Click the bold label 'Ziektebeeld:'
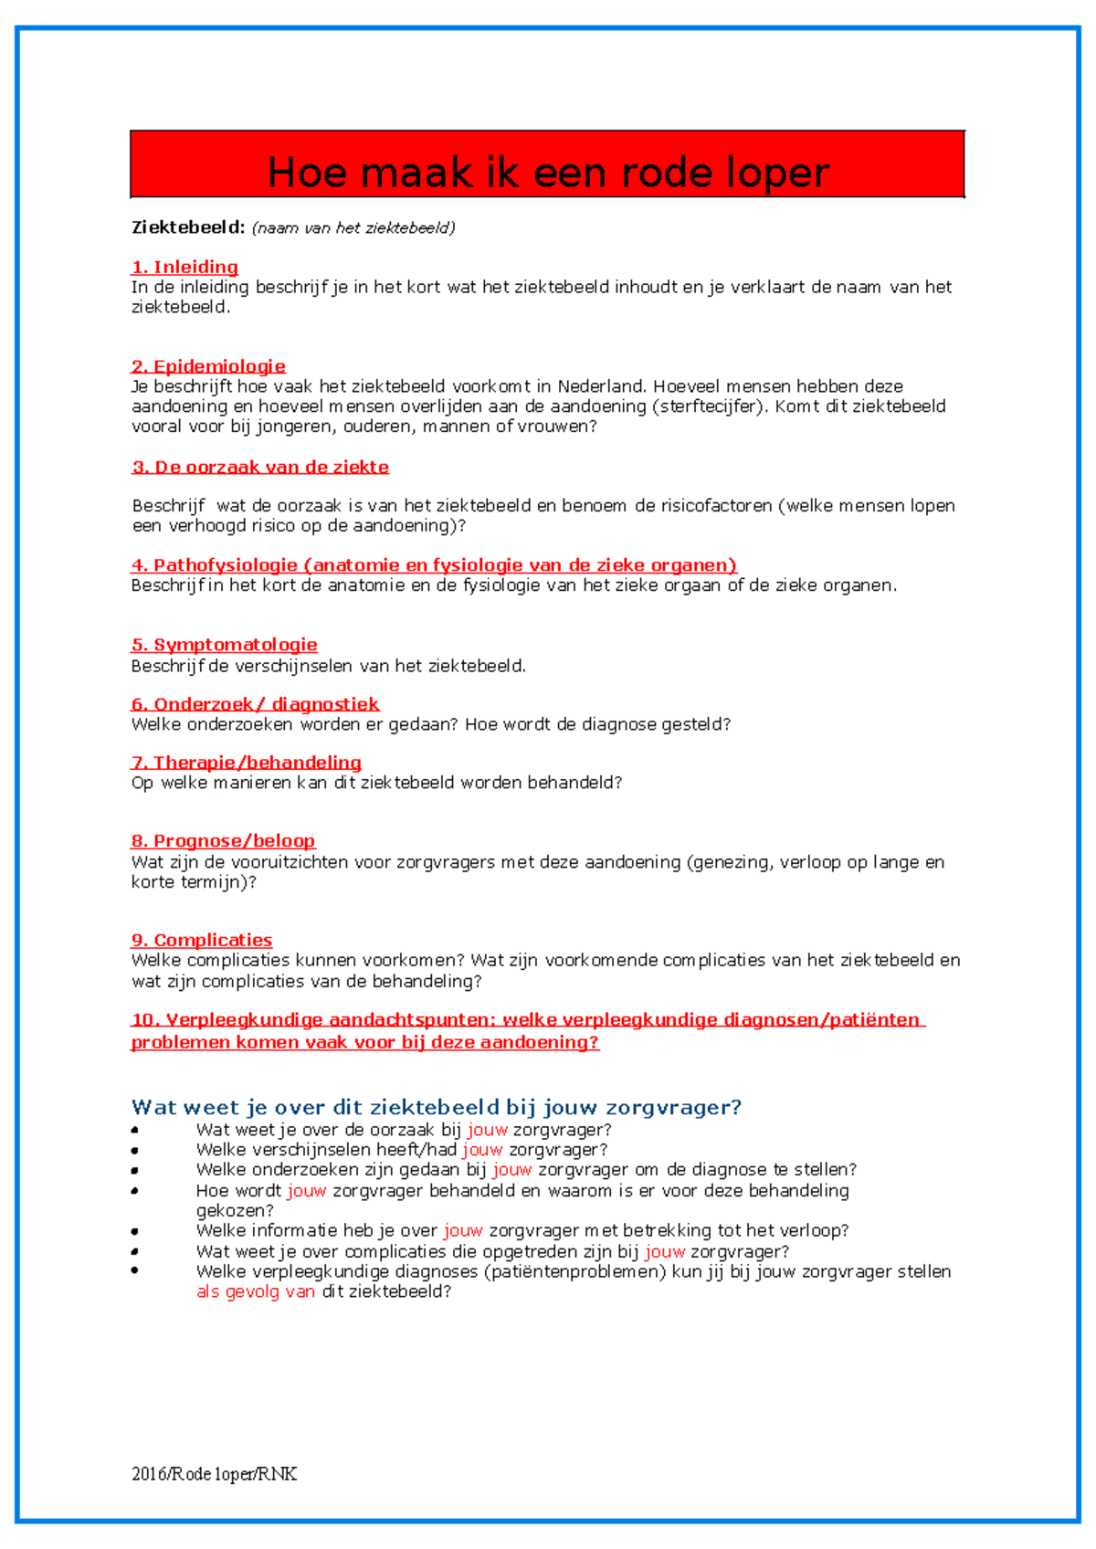(188, 227)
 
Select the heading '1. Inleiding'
(185, 267)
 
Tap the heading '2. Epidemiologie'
(209, 366)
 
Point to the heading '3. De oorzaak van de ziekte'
(261, 467)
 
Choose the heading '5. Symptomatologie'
(225, 645)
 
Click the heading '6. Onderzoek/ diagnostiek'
(256, 704)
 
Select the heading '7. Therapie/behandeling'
(247, 763)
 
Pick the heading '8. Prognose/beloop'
(224, 841)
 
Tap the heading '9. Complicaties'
(202, 940)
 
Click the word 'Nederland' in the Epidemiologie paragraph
(601, 386)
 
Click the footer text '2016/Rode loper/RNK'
(215, 1473)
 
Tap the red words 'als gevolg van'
(256, 1291)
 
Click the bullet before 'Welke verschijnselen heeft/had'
(135, 1150)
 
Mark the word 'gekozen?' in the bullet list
(235, 1210)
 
